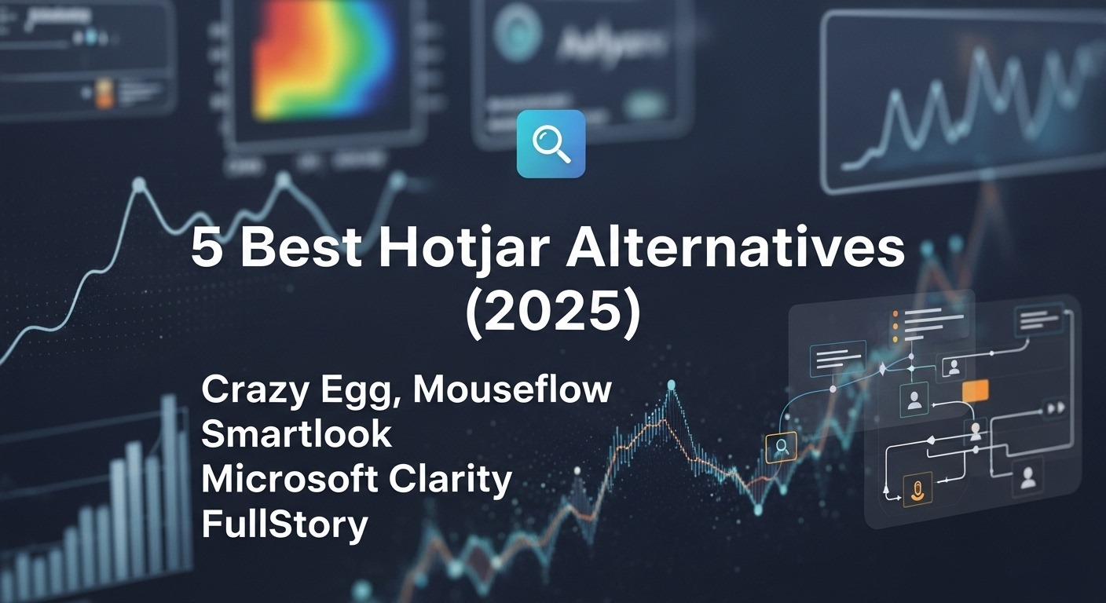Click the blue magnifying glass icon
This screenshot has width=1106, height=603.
click(x=551, y=144)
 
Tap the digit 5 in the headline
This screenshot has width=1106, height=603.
click(x=206, y=250)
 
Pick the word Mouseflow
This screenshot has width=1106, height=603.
click(x=512, y=389)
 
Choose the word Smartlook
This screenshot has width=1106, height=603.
click(x=296, y=434)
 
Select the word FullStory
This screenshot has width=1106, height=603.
click(x=284, y=524)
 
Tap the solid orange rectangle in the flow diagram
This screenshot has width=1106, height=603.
click(x=974, y=392)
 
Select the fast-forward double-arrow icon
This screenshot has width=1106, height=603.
click(x=1054, y=407)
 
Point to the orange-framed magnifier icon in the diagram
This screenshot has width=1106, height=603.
click(x=781, y=447)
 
